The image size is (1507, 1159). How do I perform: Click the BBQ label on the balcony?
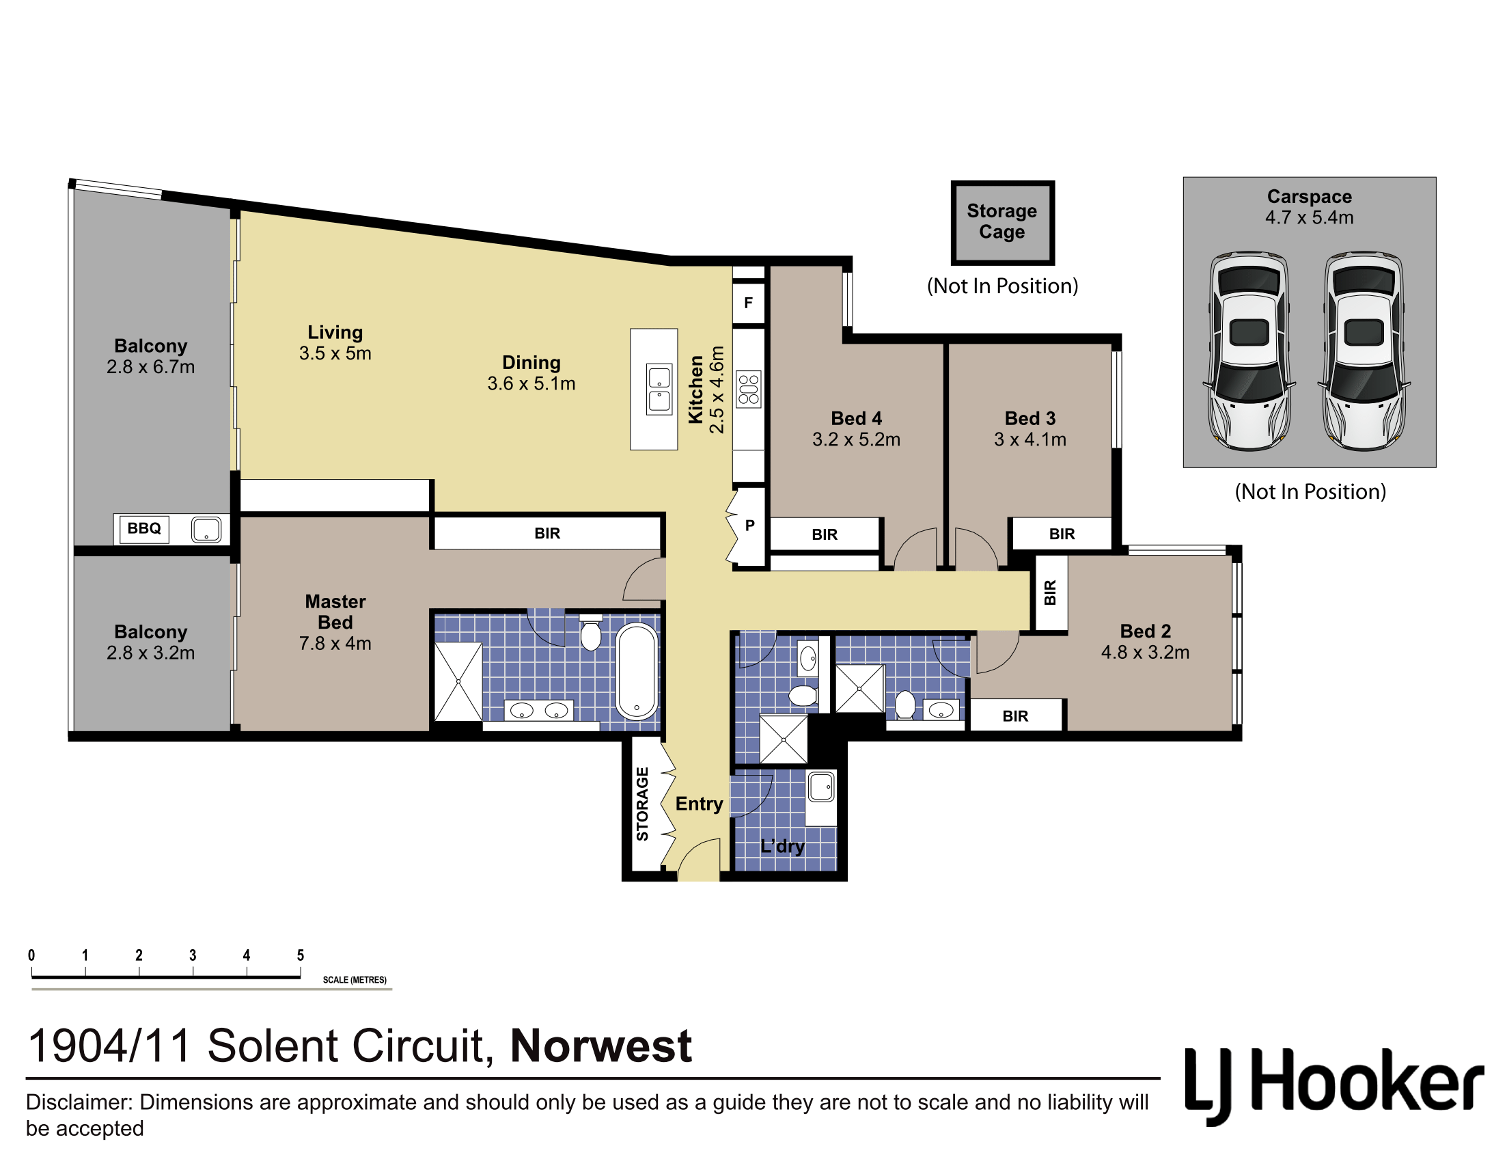click(x=143, y=528)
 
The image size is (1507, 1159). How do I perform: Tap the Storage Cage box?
click(x=1002, y=222)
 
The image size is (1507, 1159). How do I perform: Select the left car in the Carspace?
click(x=1249, y=351)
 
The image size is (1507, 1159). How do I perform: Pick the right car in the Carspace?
click(x=1364, y=351)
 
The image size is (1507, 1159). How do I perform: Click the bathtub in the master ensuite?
click(x=637, y=671)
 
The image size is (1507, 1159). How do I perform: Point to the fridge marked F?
click(x=748, y=303)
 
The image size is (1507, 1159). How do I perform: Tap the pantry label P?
click(x=749, y=525)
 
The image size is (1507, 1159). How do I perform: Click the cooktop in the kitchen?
click(x=748, y=390)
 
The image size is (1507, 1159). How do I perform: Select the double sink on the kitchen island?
click(x=659, y=389)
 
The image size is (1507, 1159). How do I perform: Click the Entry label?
click(x=699, y=804)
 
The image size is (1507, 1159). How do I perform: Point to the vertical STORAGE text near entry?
click(x=642, y=804)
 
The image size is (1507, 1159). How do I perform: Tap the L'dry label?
click(x=782, y=847)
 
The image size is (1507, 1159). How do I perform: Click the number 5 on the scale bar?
click(x=300, y=955)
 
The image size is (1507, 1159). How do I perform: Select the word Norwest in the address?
click(x=600, y=1046)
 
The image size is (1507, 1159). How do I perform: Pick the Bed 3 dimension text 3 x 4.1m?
click(x=1029, y=439)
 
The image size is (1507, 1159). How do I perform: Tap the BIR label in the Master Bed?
click(x=547, y=533)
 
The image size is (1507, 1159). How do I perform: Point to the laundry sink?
click(x=821, y=787)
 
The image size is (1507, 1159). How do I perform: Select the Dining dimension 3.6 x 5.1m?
click(x=531, y=383)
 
